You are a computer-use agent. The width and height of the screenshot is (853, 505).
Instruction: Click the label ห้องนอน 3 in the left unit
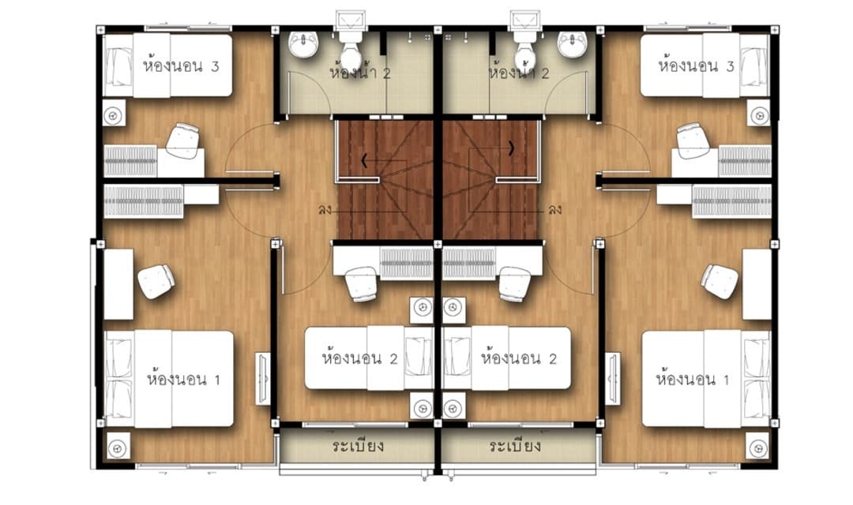point(181,66)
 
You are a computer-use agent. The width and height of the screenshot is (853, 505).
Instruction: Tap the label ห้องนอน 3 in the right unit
point(697,66)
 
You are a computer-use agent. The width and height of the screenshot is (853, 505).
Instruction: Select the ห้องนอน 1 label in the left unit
point(184,378)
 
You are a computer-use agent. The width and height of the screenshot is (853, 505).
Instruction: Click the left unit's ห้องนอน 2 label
point(359,358)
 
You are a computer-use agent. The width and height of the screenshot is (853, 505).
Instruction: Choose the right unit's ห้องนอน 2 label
point(518,358)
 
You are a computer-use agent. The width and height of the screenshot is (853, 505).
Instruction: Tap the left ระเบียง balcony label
point(358,447)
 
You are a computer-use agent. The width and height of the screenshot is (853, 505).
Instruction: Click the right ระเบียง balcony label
point(515,447)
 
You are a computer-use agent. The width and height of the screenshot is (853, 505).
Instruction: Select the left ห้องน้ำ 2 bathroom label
point(360,73)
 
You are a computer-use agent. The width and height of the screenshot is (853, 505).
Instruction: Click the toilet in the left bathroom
point(351,50)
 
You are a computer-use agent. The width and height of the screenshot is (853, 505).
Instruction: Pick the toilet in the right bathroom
point(526,50)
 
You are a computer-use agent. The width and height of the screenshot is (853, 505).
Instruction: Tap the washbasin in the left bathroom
point(303,44)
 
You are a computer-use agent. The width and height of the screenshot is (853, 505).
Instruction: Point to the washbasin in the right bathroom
point(573,44)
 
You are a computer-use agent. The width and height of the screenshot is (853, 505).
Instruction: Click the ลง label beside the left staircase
point(325,209)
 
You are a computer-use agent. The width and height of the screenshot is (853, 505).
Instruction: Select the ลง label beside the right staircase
point(555,209)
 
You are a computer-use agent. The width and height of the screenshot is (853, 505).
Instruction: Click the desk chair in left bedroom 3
point(182,140)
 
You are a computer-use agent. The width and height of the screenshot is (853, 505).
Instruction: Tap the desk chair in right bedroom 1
point(720,282)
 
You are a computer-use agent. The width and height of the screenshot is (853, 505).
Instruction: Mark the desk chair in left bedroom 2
point(361,284)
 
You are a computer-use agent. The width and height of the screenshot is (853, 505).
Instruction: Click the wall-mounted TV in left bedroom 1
point(263,378)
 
